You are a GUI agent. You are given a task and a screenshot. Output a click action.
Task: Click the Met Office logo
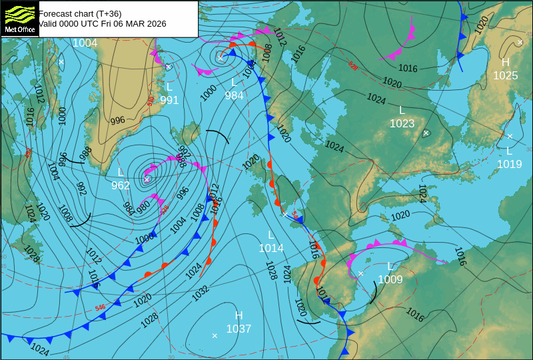coord(19,19)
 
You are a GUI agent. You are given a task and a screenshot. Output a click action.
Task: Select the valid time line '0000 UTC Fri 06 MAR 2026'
coord(103,23)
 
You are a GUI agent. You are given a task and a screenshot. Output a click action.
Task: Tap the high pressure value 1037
coord(239,329)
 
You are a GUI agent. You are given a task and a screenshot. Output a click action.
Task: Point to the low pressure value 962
coord(121,185)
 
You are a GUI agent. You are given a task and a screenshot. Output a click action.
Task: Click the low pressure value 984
coord(234,95)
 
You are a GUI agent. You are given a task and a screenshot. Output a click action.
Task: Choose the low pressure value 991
coord(169,100)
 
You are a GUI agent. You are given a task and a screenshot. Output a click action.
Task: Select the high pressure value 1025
coord(505,75)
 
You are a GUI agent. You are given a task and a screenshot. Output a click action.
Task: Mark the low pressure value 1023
coord(402,123)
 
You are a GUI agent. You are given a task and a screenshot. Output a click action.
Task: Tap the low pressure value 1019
coord(509,163)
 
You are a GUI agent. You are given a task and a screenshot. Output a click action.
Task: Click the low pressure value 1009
coord(390,279)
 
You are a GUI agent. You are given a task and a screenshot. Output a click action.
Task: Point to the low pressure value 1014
coord(271,248)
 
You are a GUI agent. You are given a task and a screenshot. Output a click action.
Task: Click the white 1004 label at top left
coord(85,43)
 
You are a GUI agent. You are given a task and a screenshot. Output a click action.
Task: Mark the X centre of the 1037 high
coord(215,335)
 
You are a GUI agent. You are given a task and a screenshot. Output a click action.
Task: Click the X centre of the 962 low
coord(147,179)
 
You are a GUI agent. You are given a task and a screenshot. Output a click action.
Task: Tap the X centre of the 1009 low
coord(361,273)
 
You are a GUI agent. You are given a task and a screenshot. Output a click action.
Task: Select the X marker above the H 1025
coord(520,42)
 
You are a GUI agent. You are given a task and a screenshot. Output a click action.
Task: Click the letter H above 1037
coord(239,315)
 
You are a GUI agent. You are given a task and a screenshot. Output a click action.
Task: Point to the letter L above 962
coord(121,172)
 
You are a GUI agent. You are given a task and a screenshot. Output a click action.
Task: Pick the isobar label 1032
coord(201,291)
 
